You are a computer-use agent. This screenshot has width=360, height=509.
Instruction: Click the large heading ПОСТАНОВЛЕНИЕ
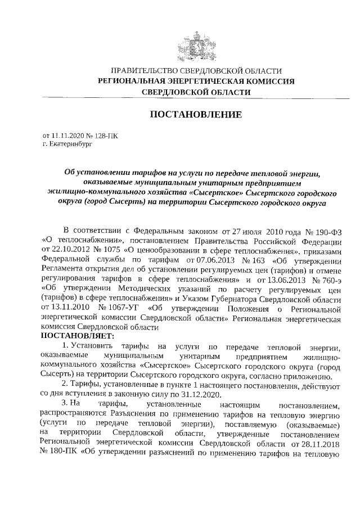pos(196,115)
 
